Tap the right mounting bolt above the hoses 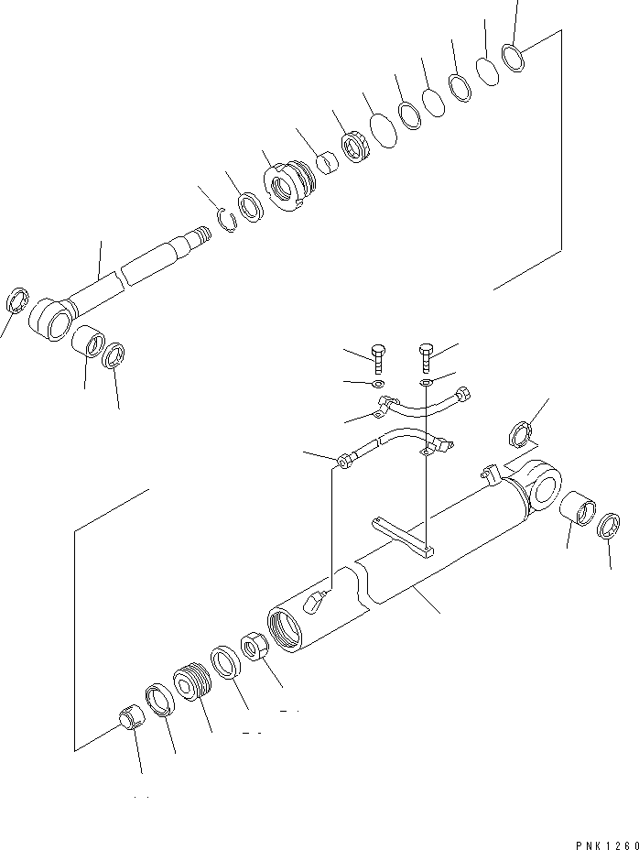(x=425, y=354)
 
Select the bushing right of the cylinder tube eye (x=578, y=507)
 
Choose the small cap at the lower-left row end (x=131, y=717)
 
